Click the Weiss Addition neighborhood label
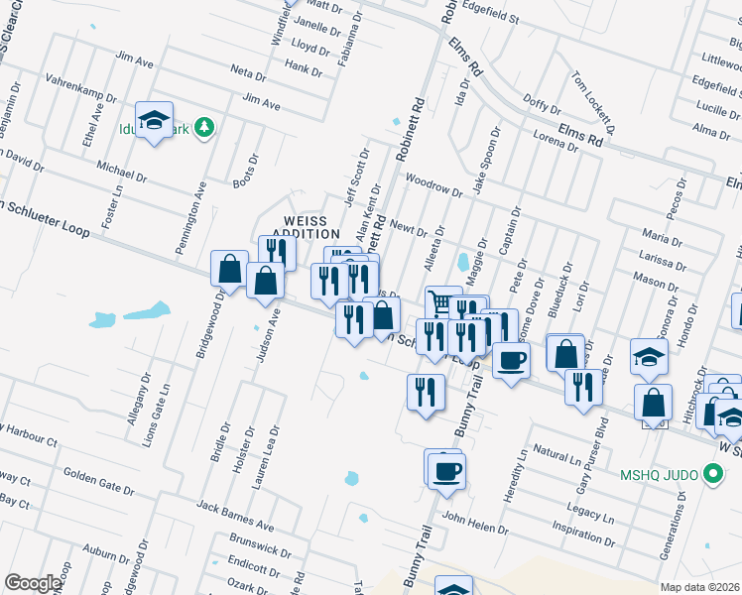[x=311, y=226]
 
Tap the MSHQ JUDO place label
[x=660, y=475]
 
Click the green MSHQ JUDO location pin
[x=710, y=475]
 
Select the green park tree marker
[x=204, y=127]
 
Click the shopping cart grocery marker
[x=442, y=302]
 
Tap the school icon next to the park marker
[x=154, y=121]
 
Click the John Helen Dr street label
[x=475, y=523]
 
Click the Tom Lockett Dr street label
[x=593, y=103]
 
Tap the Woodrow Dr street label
[x=434, y=184]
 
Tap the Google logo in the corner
[x=33, y=583]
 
